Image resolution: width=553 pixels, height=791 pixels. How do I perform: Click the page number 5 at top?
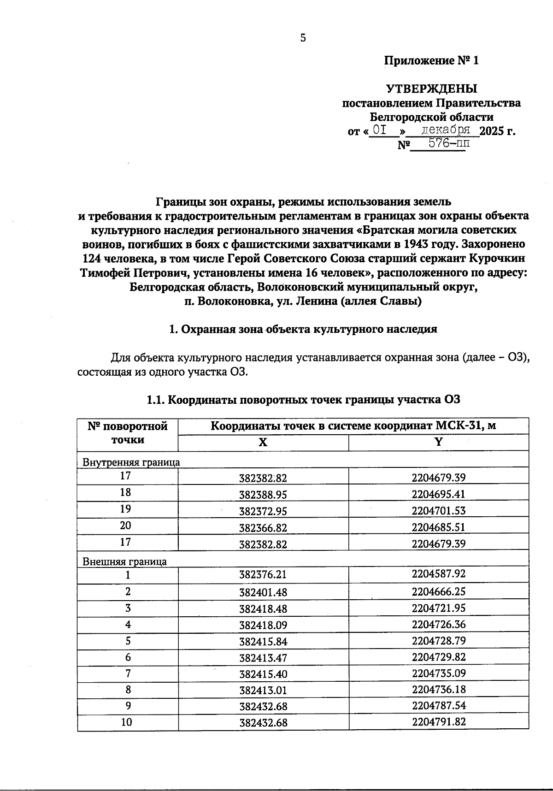[x=303, y=38]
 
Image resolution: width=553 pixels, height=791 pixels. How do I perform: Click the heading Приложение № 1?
[x=432, y=60]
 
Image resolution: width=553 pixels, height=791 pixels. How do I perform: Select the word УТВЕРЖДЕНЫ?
[x=431, y=89]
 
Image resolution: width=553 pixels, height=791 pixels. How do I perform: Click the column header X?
[x=263, y=443]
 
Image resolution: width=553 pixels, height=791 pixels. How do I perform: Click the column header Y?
[x=439, y=442]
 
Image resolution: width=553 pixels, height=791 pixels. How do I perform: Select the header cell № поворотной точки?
[x=128, y=433]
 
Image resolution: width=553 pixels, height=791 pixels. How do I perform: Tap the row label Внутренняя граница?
[x=131, y=462]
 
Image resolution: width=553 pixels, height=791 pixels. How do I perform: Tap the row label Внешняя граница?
[x=124, y=561]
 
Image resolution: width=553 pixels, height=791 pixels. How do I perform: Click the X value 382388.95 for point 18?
[x=263, y=495]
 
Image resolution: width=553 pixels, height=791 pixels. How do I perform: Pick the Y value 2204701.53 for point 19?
[x=439, y=510]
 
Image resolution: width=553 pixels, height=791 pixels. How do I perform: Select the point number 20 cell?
[x=125, y=525]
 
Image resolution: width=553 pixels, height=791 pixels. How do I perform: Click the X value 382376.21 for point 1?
[x=263, y=575]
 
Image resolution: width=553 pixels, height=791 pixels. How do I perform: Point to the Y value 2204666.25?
[x=439, y=591]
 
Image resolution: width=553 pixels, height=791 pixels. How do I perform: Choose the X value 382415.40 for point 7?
[x=263, y=674]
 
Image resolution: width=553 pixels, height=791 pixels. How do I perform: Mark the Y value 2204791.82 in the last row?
[x=439, y=721]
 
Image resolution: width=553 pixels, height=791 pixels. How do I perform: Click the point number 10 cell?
[x=126, y=722]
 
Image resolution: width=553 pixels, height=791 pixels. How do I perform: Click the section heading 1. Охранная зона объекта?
[x=303, y=329]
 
